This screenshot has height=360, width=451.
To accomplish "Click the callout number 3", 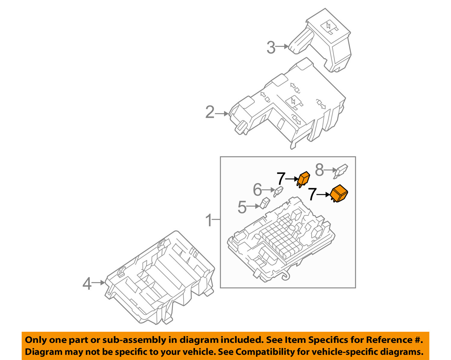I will tap(271, 48).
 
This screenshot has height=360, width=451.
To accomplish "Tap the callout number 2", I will tap(210, 112).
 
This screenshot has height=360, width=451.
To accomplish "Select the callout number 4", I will tap(87, 284).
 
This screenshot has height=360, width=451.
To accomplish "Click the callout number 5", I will tap(242, 207).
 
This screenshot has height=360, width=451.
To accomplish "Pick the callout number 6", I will tap(257, 190).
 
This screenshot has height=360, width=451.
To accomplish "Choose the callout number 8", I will tap(319, 170).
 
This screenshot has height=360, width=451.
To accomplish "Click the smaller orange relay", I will tap(304, 179).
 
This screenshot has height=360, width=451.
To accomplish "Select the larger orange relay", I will tap(339, 193).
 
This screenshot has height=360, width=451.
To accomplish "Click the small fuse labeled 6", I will tap(279, 191).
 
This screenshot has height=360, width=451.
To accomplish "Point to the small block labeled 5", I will tap(265, 203).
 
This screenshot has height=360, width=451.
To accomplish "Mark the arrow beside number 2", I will tap(222, 114).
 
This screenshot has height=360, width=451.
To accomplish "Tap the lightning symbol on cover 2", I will tap(293, 101).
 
